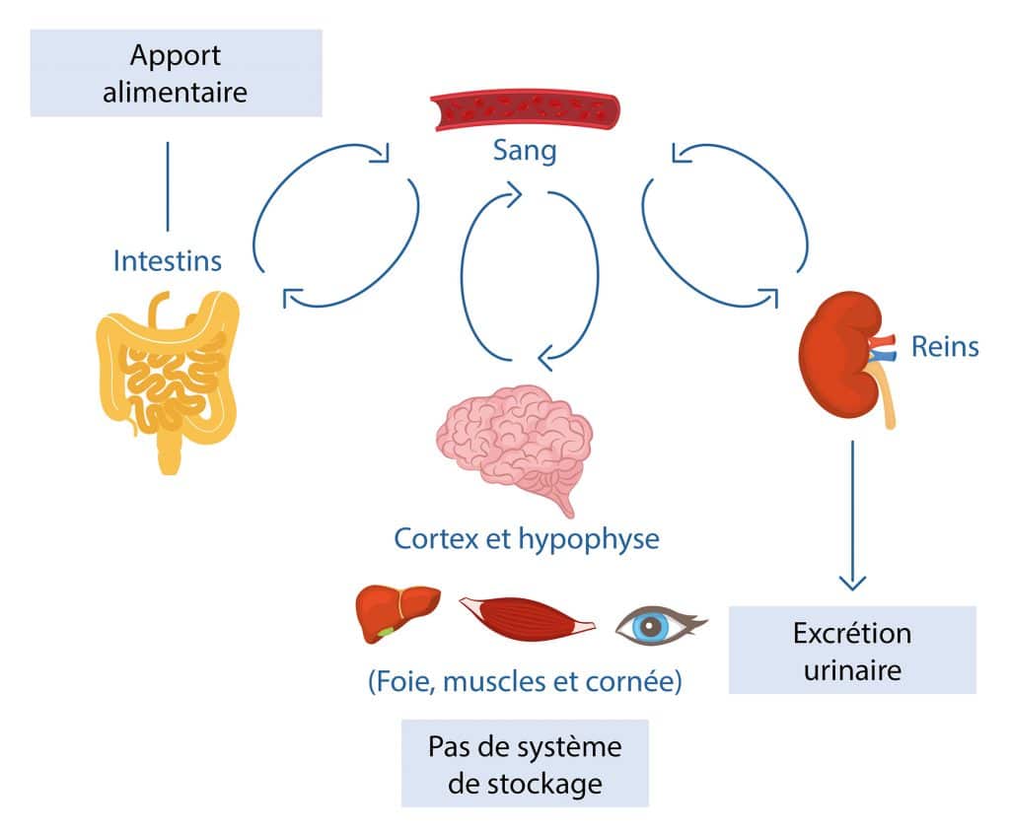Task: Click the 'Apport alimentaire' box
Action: pos(176,73)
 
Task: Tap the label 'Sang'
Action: pos(524,151)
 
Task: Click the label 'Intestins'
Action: pos(167,261)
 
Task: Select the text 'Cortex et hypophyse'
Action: pos(526,539)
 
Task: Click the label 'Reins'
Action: pos(944,346)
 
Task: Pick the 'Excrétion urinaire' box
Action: pos(851,651)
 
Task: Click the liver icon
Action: pos(396,612)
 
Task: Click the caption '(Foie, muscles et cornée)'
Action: pos(524,682)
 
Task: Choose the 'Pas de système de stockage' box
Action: pos(525,763)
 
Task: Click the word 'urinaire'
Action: pos(851,670)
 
